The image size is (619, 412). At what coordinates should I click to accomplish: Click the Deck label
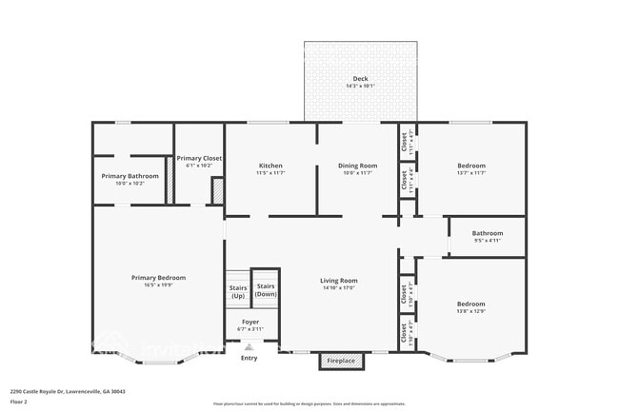360,79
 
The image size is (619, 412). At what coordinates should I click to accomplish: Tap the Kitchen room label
270,166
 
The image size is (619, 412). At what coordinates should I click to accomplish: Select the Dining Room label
358,166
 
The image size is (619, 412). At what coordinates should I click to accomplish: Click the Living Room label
338,281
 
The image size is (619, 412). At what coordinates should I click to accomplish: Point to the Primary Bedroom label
158,277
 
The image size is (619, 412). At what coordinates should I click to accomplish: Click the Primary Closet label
199,159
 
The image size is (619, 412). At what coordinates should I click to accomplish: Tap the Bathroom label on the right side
487,233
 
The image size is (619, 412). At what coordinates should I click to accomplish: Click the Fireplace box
341,362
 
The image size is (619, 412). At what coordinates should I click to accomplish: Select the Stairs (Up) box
237,290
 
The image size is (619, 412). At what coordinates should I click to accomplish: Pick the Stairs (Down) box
266,290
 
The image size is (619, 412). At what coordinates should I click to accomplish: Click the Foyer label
250,323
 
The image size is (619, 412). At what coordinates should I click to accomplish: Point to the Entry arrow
249,348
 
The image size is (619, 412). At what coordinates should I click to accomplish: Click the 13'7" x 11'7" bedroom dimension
471,173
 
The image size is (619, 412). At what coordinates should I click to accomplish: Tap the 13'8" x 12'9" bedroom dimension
471,311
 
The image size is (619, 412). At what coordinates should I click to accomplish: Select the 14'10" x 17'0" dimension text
338,287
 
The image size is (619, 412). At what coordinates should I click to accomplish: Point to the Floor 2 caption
20,402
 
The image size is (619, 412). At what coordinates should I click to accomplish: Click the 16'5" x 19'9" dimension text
158,284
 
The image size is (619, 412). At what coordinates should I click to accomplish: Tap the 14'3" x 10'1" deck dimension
360,87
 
